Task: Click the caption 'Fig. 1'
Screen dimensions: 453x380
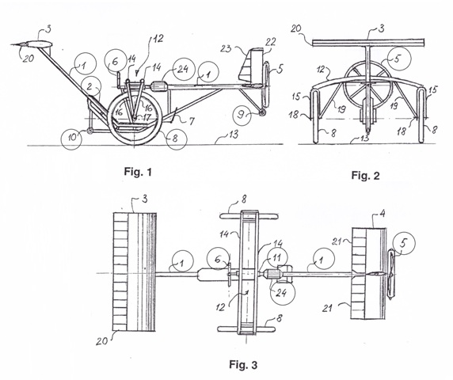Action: coord(138,172)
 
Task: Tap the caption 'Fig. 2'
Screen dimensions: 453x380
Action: coord(365,175)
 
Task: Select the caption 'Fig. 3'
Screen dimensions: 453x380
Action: coord(243,365)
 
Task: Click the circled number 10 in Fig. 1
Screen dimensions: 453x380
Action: coord(71,138)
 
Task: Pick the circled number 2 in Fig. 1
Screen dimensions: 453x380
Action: coord(90,86)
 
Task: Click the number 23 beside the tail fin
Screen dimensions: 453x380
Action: coord(226,48)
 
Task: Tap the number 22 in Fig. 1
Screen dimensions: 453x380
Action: coord(270,42)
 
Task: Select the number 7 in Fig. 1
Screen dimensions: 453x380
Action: coord(192,121)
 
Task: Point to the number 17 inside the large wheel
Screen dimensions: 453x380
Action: coord(147,117)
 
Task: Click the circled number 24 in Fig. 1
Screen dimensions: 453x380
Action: coord(183,69)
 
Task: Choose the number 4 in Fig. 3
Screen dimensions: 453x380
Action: coord(382,214)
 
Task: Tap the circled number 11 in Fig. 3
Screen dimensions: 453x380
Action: coord(276,258)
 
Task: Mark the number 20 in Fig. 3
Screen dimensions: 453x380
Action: coord(101,341)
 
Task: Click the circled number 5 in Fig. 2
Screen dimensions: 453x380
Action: coord(398,59)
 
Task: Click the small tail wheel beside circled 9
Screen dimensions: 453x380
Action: coord(262,112)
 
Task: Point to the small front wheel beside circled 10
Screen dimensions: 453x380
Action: coord(90,131)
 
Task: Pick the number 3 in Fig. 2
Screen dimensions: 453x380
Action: coord(382,28)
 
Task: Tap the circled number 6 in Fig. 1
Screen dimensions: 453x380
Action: coord(115,61)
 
